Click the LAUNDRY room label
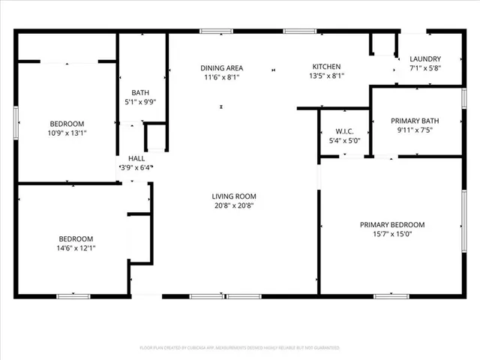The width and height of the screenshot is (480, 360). pyautogui.click(x=425, y=59)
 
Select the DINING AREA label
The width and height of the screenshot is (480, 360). pyautogui.click(x=221, y=67)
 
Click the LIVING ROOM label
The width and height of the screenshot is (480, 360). pyautogui.click(x=233, y=196)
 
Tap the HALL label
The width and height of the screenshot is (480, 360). pyautogui.click(x=136, y=158)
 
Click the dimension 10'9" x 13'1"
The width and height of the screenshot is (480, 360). pyautogui.click(x=67, y=133)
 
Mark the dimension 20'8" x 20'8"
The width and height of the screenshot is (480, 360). pyautogui.click(x=233, y=205)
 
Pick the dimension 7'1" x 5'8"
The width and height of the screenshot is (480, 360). pyautogui.click(x=425, y=68)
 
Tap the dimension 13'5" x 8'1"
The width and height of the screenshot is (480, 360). pyautogui.click(x=326, y=76)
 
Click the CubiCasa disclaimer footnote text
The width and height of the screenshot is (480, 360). pyautogui.click(x=240, y=348)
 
